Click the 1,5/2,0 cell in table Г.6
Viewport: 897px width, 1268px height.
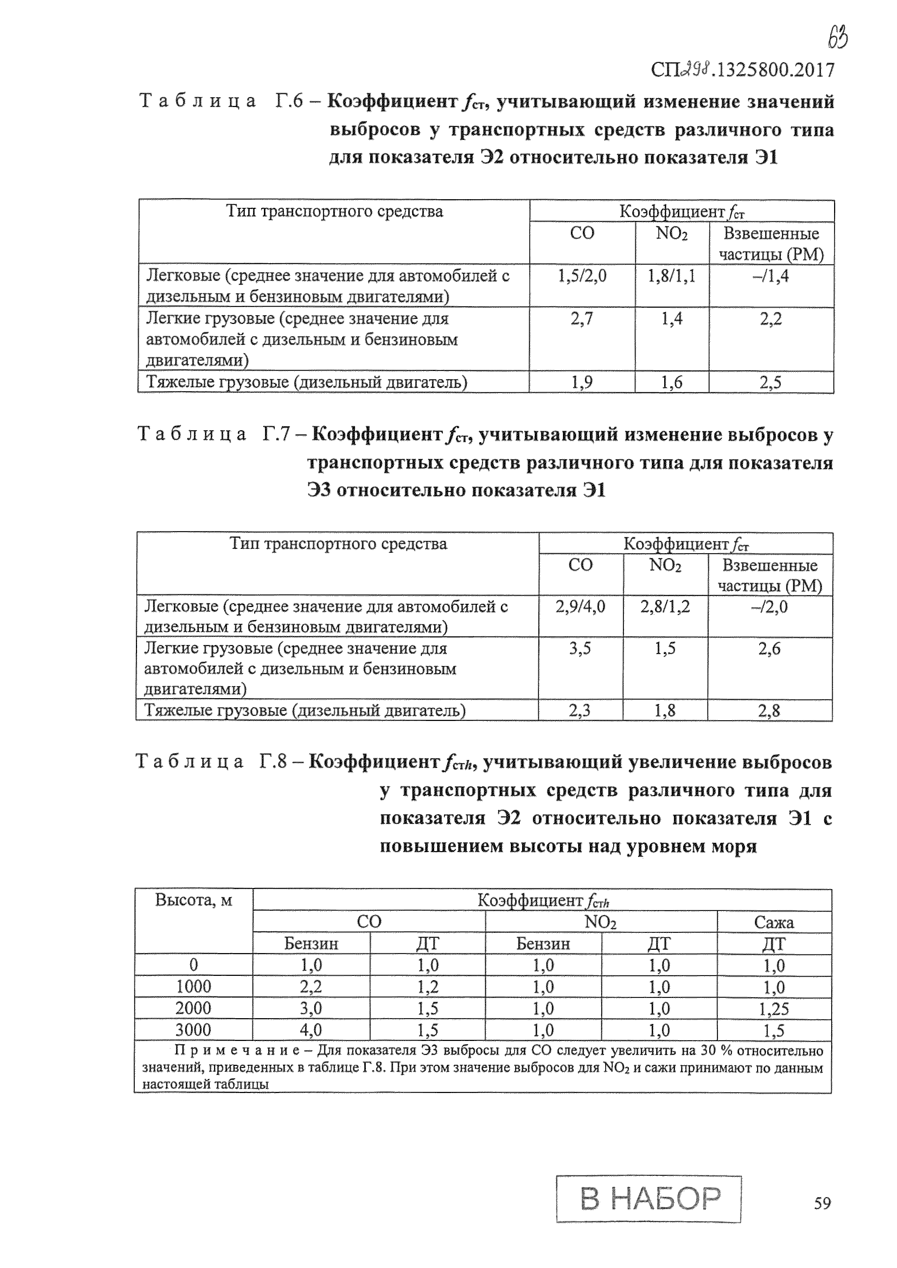point(582,276)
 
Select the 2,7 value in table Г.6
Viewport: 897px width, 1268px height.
point(582,319)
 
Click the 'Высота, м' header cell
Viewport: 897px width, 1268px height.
point(193,900)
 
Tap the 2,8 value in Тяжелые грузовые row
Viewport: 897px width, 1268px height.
point(769,711)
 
